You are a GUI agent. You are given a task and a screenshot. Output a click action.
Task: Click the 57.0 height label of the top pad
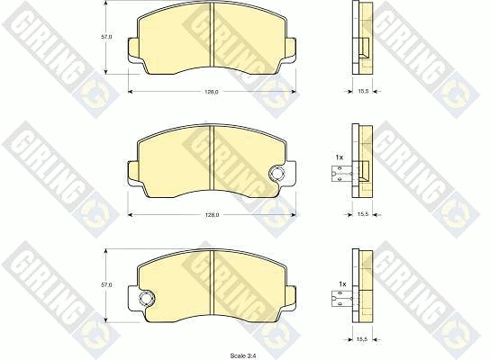(106, 37)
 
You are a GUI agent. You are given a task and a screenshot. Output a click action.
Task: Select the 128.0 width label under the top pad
(212, 92)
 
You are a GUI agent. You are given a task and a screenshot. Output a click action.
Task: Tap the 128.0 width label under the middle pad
(213, 215)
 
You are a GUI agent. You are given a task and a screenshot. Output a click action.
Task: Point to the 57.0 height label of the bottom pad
(106, 285)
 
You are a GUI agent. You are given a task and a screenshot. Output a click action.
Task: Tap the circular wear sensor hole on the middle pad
(277, 174)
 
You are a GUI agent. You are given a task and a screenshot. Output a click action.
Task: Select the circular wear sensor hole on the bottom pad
(146, 298)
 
